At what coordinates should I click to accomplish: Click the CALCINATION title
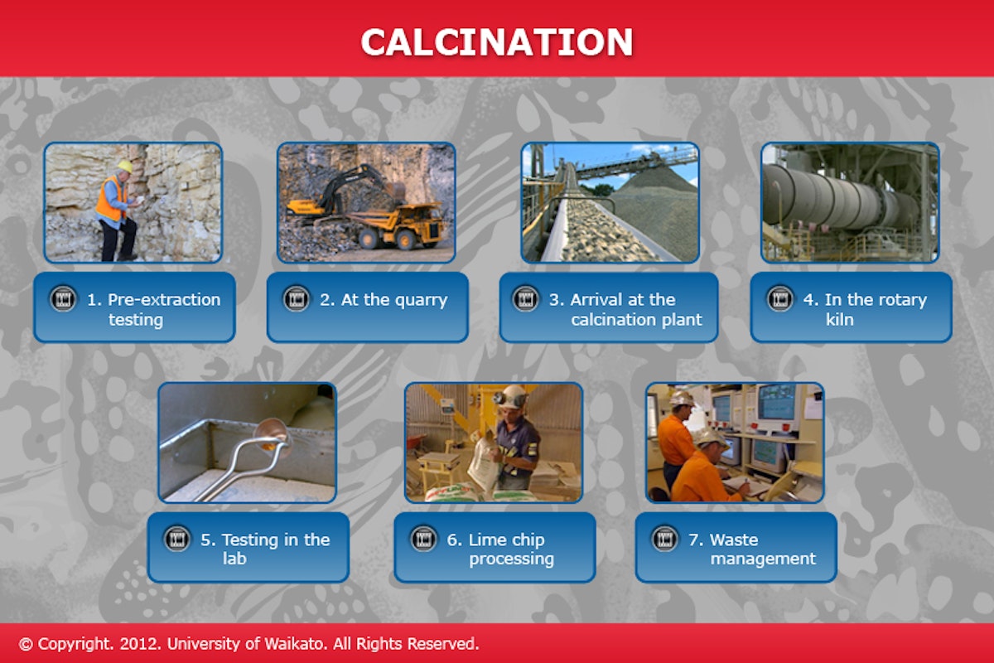click(x=496, y=41)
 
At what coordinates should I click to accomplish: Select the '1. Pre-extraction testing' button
click(x=135, y=308)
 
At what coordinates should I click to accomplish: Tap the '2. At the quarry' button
click(x=368, y=300)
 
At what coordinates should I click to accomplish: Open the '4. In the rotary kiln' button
click(x=851, y=308)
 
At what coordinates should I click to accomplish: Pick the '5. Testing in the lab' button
click(x=248, y=548)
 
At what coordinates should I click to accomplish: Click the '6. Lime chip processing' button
click(x=495, y=548)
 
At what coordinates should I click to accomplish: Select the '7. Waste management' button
click(x=736, y=548)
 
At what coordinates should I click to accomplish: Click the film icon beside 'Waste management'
click(x=664, y=539)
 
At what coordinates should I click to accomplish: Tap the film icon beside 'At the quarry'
click(x=296, y=299)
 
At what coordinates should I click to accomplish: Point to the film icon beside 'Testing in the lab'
click(x=176, y=539)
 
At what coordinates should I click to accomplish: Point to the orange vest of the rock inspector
click(x=109, y=200)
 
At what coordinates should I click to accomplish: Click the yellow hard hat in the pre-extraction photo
click(x=124, y=167)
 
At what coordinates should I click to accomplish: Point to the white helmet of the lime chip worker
click(x=514, y=396)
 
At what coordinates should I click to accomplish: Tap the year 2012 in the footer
click(x=135, y=643)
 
